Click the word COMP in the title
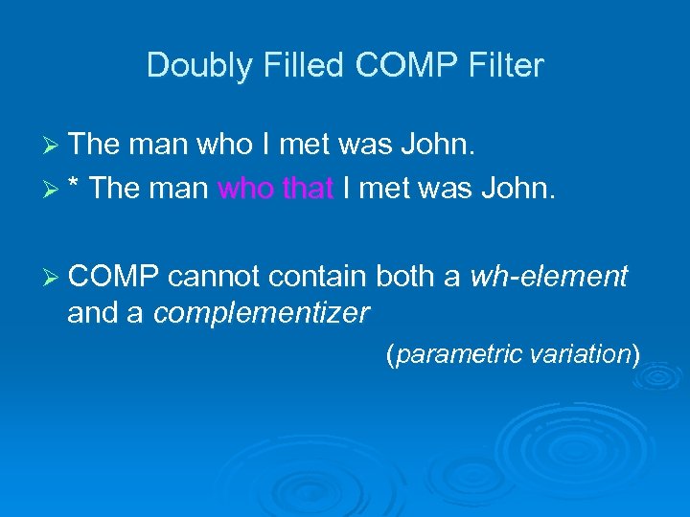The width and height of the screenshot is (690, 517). point(397,66)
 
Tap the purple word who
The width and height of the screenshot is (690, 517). point(247,187)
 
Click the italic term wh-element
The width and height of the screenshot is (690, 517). point(548,278)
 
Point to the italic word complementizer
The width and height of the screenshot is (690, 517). point(262,312)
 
